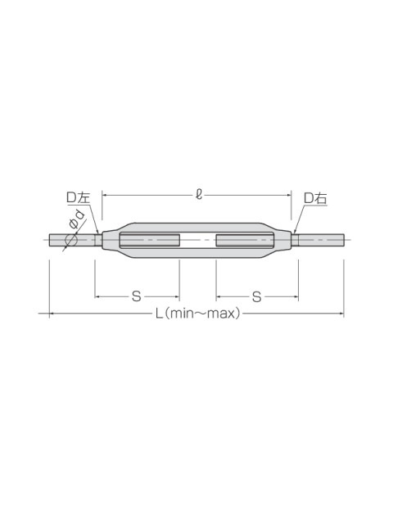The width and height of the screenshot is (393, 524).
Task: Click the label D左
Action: point(79,198)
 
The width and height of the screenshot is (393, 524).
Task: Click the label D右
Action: point(315,198)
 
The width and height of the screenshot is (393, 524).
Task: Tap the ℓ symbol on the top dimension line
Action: point(199,195)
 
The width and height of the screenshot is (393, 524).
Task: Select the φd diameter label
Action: point(77,219)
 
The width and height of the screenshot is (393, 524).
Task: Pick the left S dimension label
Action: point(137,296)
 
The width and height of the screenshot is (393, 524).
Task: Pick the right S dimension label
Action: point(256,296)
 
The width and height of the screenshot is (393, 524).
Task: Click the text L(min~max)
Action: point(198,314)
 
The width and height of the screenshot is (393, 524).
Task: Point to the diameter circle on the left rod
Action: point(71,240)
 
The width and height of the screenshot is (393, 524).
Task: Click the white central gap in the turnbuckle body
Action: point(198,240)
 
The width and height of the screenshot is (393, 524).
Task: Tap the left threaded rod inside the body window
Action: point(150,240)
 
